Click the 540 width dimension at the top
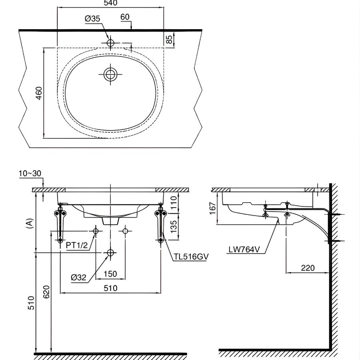pyautogui.click(x=110, y=4)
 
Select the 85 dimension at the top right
pyautogui.click(x=169, y=39)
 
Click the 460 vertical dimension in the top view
pyautogui.click(x=39, y=93)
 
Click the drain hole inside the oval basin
pyautogui.click(x=111, y=74)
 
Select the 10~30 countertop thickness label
pyautogui.click(x=30, y=173)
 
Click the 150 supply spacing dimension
pyautogui.click(x=110, y=274)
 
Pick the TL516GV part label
pyautogui.click(x=191, y=257)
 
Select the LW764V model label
pyautogui.click(x=244, y=250)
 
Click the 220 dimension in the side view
pyautogui.click(x=308, y=268)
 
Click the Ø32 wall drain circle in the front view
pyautogui.click(x=110, y=253)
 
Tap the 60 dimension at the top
pyautogui.click(x=125, y=16)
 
